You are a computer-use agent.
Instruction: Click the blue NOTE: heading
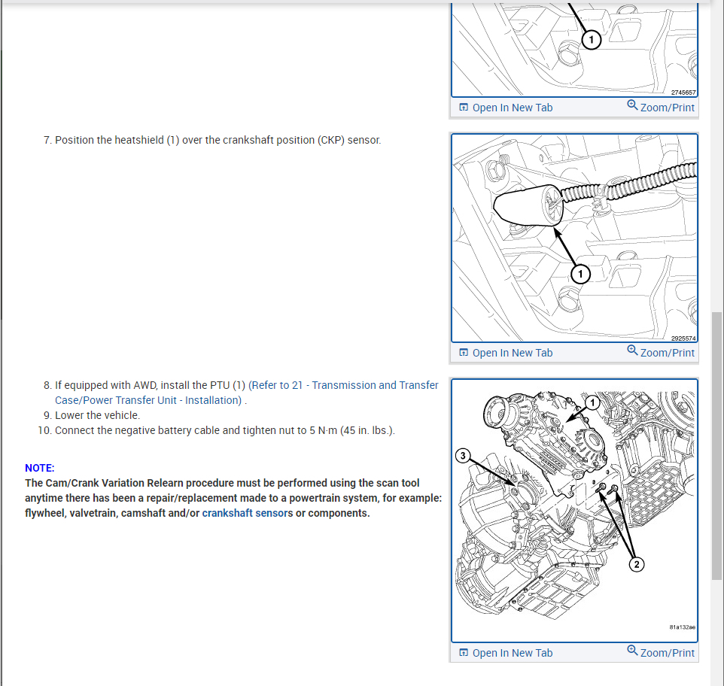click(x=40, y=469)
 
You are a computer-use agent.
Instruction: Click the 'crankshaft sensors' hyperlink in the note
click(x=248, y=513)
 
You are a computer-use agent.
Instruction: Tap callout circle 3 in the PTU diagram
click(x=463, y=456)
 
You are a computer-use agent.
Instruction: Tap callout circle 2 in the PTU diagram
click(x=637, y=564)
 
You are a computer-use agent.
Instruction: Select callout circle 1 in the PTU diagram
click(x=592, y=403)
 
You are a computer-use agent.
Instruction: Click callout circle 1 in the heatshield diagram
click(x=580, y=274)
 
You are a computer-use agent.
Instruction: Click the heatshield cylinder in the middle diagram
click(x=528, y=206)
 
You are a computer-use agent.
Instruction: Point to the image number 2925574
click(x=683, y=338)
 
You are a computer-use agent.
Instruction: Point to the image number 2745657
click(x=683, y=93)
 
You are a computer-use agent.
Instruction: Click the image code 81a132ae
click(x=683, y=627)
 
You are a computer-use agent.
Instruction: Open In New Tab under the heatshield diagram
click(x=506, y=353)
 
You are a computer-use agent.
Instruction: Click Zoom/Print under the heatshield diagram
click(x=661, y=352)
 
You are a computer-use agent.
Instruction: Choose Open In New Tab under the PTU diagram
click(x=506, y=653)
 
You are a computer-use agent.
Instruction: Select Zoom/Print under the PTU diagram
click(x=661, y=652)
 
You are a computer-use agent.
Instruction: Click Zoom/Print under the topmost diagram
click(x=661, y=107)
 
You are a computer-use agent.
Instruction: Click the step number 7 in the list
click(x=47, y=140)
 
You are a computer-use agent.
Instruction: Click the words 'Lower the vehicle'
click(x=96, y=415)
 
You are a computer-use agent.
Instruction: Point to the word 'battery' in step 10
click(x=175, y=430)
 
